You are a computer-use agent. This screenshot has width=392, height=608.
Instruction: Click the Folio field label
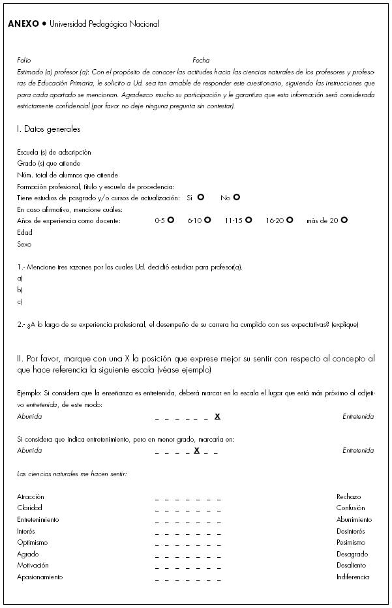pyautogui.click(x=23, y=60)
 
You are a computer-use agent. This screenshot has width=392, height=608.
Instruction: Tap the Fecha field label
pyautogui.click(x=201, y=60)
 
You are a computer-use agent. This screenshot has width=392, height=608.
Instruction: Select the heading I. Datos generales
pyautogui.click(x=48, y=129)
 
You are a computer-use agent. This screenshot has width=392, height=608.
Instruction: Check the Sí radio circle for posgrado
pyautogui.click(x=201, y=197)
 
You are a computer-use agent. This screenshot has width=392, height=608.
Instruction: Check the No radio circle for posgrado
pyautogui.click(x=237, y=197)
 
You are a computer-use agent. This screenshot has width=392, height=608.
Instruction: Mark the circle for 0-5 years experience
pyautogui.click(x=170, y=220)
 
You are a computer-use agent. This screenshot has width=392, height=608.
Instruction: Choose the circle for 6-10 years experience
pyautogui.click(x=207, y=220)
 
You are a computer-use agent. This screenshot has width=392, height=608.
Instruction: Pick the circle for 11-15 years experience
pyautogui.click(x=249, y=220)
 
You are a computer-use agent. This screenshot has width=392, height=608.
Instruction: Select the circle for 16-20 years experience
pyautogui.click(x=290, y=220)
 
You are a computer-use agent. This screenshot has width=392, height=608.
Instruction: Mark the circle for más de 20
pyautogui.click(x=344, y=220)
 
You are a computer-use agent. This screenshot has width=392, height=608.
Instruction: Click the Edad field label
pyautogui.click(x=25, y=232)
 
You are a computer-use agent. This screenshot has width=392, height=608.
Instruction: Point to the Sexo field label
pyautogui.click(x=24, y=245)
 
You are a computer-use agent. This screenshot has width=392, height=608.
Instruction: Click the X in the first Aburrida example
pyautogui.click(x=217, y=416)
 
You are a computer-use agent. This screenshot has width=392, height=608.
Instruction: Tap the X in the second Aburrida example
pyautogui.click(x=196, y=450)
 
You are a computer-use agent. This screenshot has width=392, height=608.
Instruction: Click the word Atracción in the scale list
pyautogui.click(x=31, y=497)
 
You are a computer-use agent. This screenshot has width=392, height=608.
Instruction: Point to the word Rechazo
pyautogui.click(x=348, y=497)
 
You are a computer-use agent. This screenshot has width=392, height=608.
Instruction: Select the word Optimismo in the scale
pyautogui.click(x=33, y=543)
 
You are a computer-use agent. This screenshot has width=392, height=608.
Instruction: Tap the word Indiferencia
pyautogui.click(x=353, y=577)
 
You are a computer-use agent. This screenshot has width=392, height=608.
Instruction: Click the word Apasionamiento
pyautogui.click(x=40, y=577)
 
